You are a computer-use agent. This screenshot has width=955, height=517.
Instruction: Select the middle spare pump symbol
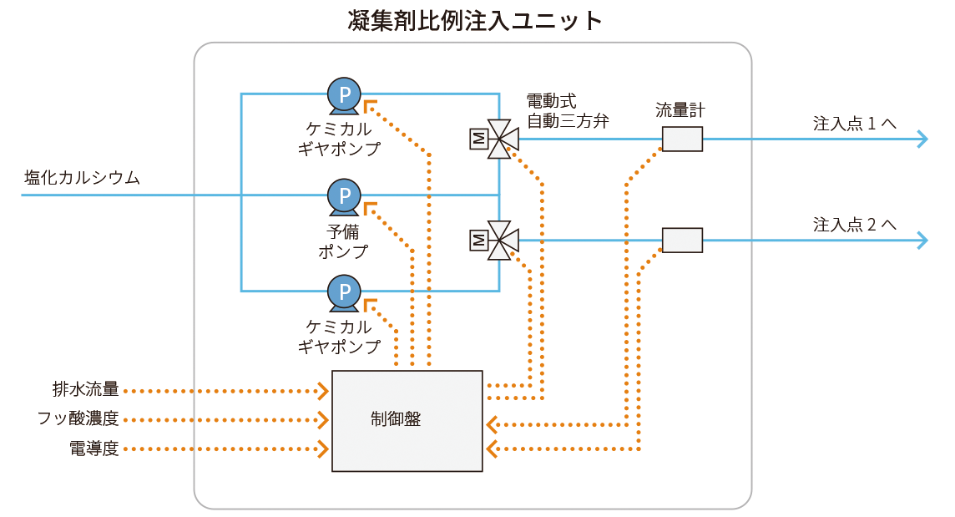343,195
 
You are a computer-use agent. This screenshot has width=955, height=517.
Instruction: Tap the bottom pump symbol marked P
343,291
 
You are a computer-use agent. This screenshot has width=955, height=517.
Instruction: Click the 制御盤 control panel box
407,420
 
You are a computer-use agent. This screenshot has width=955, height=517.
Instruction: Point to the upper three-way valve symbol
498,139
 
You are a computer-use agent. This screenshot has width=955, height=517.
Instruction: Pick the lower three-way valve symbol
498,241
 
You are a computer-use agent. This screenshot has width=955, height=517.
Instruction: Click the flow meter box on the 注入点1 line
682,139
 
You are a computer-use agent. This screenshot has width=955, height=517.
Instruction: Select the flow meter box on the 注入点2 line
682,241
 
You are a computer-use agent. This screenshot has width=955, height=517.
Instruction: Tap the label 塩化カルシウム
82,178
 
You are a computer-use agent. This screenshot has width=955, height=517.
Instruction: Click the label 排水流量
85,390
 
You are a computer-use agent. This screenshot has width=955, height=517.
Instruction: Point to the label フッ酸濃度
78,419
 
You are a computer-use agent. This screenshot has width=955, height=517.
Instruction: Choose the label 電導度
93,449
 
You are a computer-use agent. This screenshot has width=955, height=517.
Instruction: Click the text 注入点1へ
854,124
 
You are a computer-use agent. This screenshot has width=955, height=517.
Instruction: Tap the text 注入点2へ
854,225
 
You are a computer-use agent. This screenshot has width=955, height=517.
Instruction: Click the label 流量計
681,109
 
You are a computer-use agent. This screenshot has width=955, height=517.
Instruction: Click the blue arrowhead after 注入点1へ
922,139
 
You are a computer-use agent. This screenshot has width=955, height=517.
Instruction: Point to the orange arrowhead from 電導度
322,449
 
